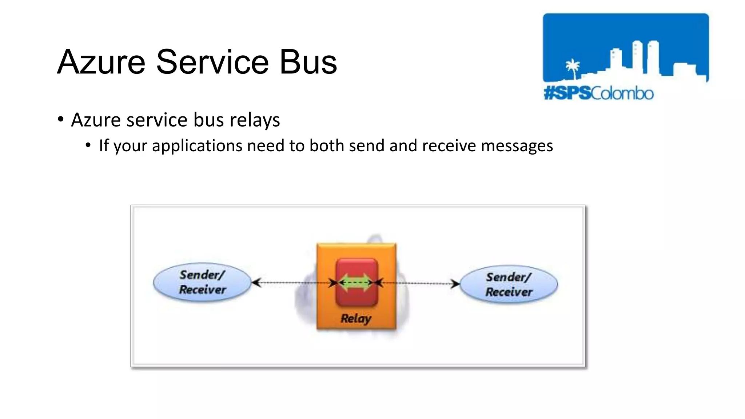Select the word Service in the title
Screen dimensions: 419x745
(212, 62)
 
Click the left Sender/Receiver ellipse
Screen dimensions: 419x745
(202, 282)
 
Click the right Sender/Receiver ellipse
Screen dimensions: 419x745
(509, 284)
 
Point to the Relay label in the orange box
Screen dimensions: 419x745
(356, 318)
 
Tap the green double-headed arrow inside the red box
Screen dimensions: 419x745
(356, 283)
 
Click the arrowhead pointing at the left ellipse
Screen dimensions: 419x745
(256, 283)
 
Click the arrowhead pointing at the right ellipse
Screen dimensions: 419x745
(455, 284)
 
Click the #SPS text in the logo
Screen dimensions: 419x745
(567, 93)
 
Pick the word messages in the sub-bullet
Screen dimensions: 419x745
(517, 146)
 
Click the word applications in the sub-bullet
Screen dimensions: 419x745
(197, 146)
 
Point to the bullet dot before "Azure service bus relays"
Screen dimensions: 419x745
(61, 119)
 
